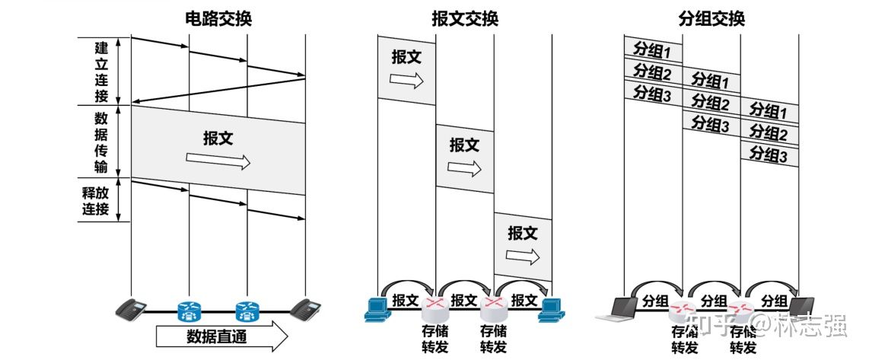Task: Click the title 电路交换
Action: [218, 18]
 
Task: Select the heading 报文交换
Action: [464, 18]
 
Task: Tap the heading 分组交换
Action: [711, 18]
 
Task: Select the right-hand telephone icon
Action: [305, 308]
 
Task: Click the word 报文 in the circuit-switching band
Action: [218, 139]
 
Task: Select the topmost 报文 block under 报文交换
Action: [406, 68]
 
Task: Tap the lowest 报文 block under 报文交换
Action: [523, 244]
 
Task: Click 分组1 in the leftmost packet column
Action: [652, 51]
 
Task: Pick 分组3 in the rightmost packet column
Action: [769, 155]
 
